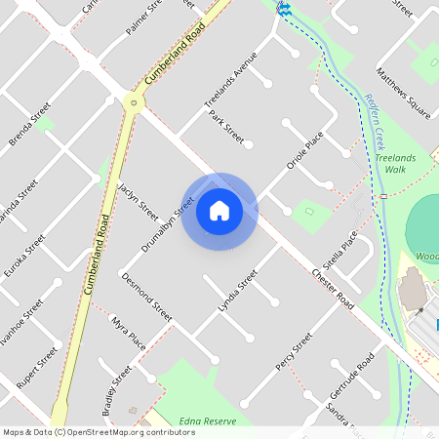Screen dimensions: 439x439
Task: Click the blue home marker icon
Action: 219,211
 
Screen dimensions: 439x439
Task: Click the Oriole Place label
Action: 303,151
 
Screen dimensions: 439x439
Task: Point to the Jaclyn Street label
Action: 137,199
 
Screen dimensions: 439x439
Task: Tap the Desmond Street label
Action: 146,297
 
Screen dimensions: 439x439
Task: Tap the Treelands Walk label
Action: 394,163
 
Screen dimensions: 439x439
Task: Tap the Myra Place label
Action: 129,334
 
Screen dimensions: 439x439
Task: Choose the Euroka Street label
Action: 23,256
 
